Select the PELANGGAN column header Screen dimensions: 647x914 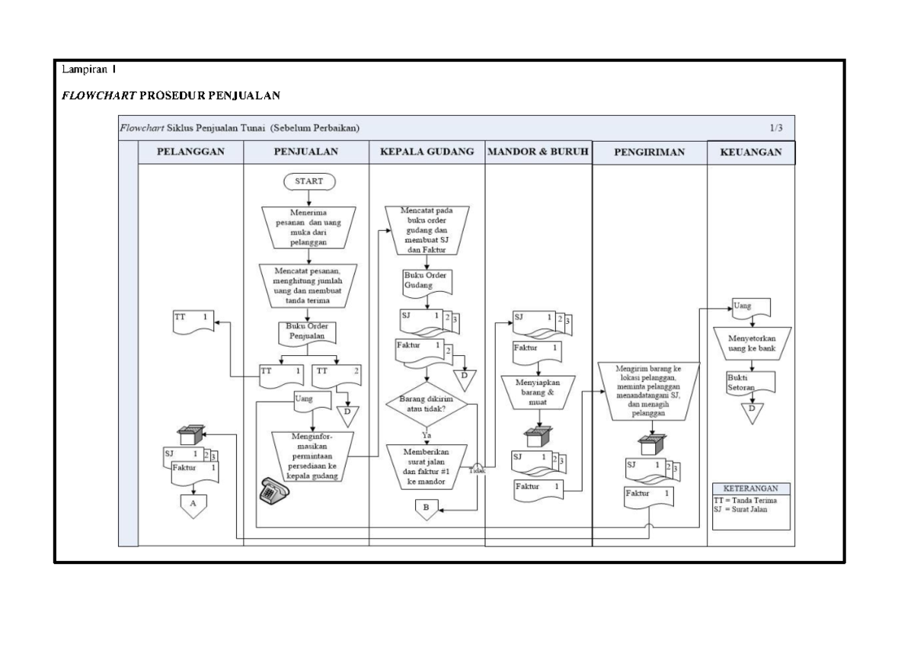click(190, 152)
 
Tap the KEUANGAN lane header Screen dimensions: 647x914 click(751, 152)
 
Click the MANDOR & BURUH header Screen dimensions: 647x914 click(538, 152)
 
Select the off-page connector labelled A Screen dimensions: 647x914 click(193, 504)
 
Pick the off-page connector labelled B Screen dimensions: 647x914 click(427, 508)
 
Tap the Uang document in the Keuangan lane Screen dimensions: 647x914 click(751, 307)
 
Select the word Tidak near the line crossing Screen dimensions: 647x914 click(477, 471)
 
